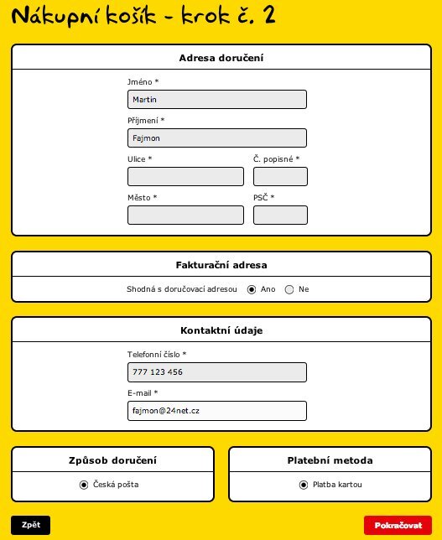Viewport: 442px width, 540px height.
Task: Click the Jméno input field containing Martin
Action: click(x=216, y=100)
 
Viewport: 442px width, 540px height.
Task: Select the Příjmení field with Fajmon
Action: click(x=216, y=138)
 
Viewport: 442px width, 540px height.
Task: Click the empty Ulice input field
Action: click(x=185, y=176)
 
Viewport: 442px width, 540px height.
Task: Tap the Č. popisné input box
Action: click(x=280, y=176)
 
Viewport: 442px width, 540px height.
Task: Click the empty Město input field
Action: click(x=185, y=215)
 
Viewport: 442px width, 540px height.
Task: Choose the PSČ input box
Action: click(x=280, y=215)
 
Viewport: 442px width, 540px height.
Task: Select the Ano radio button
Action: click(x=252, y=289)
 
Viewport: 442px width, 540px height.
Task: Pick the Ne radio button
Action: click(x=289, y=289)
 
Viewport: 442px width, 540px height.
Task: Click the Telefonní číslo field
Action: click(x=216, y=372)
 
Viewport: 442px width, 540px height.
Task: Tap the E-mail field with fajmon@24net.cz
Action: click(x=216, y=411)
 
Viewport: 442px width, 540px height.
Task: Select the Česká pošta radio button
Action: click(x=84, y=485)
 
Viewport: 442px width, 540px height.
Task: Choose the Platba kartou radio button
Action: click(x=304, y=485)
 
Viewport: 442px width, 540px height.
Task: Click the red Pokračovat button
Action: click(x=398, y=526)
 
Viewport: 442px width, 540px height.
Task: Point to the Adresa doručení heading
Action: click(x=221, y=58)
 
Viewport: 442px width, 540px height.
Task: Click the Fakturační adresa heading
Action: click(x=221, y=265)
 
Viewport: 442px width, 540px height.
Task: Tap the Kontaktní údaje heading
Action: click(x=221, y=330)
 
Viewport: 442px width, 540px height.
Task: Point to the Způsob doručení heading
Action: click(x=112, y=460)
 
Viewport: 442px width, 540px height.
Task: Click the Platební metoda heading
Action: click(x=330, y=460)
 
